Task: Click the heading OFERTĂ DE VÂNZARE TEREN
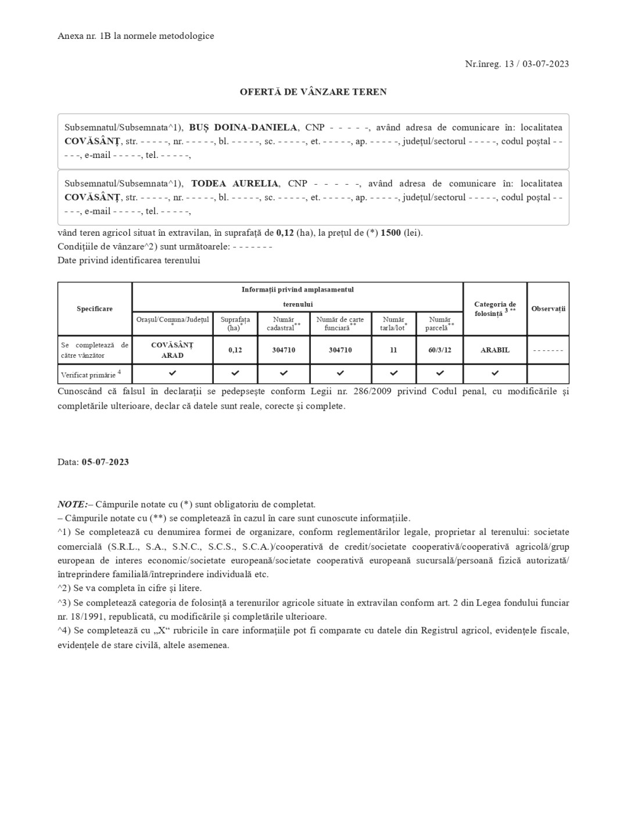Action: point(313,92)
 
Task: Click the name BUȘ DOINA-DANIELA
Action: point(243,127)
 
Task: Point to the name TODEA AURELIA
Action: point(235,184)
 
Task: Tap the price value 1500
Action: point(390,233)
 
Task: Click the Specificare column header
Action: point(95,309)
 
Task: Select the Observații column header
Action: point(548,309)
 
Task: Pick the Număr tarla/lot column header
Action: point(393,323)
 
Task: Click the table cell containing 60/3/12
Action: point(440,350)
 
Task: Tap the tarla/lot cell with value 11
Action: point(393,350)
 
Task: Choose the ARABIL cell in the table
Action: point(495,350)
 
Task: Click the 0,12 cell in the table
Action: point(235,350)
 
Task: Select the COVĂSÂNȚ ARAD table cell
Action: point(173,350)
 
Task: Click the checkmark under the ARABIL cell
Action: point(495,373)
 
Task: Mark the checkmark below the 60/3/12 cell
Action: point(440,373)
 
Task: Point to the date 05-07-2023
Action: point(105,462)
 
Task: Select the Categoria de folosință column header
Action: point(495,309)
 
